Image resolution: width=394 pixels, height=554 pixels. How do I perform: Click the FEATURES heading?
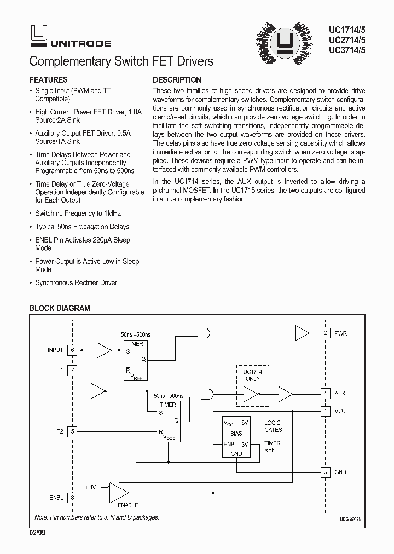click(48, 79)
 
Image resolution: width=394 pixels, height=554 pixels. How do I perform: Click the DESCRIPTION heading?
click(177, 79)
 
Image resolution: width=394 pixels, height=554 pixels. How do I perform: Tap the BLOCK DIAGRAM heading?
click(59, 308)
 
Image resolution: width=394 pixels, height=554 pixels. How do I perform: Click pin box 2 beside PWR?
click(325, 333)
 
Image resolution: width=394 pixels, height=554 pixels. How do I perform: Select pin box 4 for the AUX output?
click(325, 393)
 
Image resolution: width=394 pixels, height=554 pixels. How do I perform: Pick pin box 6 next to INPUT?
click(72, 349)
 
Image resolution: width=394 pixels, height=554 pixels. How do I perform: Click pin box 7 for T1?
click(72, 370)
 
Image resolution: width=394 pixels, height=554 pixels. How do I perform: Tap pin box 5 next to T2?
click(72, 431)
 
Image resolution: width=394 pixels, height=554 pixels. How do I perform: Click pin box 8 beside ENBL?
click(72, 497)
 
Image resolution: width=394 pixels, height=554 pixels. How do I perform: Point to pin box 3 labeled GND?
click(325, 472)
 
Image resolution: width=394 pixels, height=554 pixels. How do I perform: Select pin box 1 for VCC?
click(325, 411)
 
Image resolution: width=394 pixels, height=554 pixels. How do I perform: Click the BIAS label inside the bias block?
click(235, 433)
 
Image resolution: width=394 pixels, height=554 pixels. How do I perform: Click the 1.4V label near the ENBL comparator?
click(90, 487)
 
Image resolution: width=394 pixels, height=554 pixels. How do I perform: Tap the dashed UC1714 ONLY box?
click(253, 386)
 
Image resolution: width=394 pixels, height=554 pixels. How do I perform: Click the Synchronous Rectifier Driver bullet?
click(76, 283)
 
